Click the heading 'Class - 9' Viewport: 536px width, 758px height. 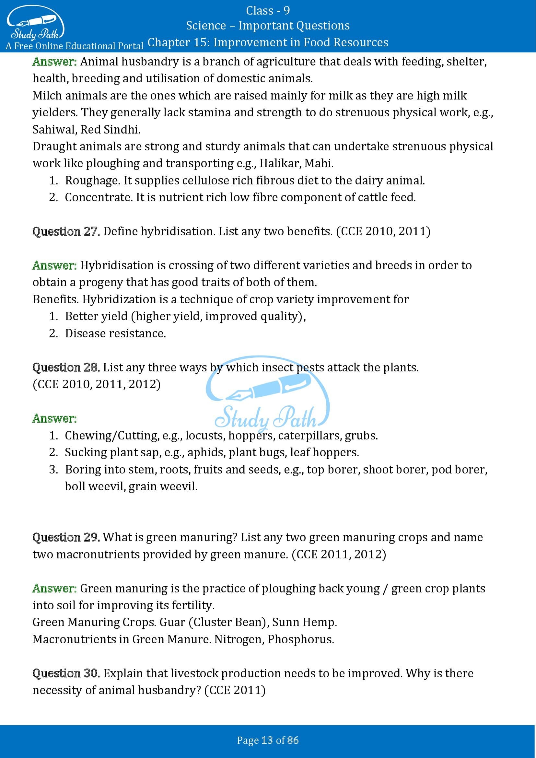click(268, 11)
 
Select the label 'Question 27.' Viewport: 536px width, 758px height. click(66, 231)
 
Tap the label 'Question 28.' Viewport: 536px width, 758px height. click(66, 367)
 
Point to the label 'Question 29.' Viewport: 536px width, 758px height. click(66, 537)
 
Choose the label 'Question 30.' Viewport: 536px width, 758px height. click(66, 673)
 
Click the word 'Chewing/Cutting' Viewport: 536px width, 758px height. click(111, 436)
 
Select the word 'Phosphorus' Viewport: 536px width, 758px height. click(300, 639)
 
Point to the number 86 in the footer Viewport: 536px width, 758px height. click(293, 740)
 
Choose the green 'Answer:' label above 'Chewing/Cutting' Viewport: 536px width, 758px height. click(54, 419)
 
